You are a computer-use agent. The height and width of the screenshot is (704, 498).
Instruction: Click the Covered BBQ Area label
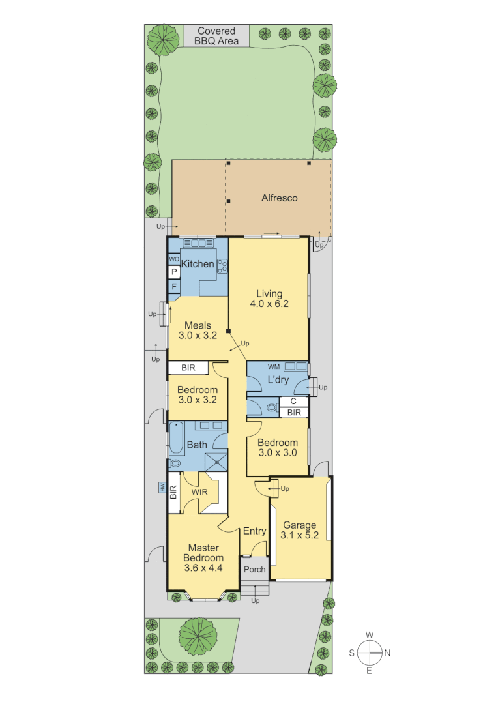[x=216, y=36]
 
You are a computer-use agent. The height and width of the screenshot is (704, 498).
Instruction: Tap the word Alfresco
[x=279, y=198]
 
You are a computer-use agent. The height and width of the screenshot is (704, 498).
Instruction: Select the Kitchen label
[x=198, y=264]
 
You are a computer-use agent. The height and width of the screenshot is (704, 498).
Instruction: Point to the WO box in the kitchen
[x=174, y=259]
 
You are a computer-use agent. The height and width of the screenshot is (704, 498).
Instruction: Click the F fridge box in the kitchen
[x=174, y=286]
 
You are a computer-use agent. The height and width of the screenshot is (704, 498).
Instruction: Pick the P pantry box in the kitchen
[x=174, y=272]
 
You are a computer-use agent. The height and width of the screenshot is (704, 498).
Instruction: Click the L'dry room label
[x=278, y=380]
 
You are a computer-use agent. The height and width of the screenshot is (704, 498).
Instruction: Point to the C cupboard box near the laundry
[x=293, y=402]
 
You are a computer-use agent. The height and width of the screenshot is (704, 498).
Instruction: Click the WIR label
[x=199, y=492]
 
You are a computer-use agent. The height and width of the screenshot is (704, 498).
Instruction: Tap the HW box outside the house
[x=161, y=487]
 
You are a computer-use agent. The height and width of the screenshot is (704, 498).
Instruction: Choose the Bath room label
[x=197, y=445]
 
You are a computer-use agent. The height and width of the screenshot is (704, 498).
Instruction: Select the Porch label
[x=254, y=569]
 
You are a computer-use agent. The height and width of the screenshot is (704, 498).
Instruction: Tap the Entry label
[x=254, y=531]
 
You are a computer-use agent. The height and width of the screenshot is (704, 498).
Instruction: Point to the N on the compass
[x=387, y=652]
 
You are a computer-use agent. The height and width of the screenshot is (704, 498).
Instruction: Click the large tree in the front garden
[x=198, y=636]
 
